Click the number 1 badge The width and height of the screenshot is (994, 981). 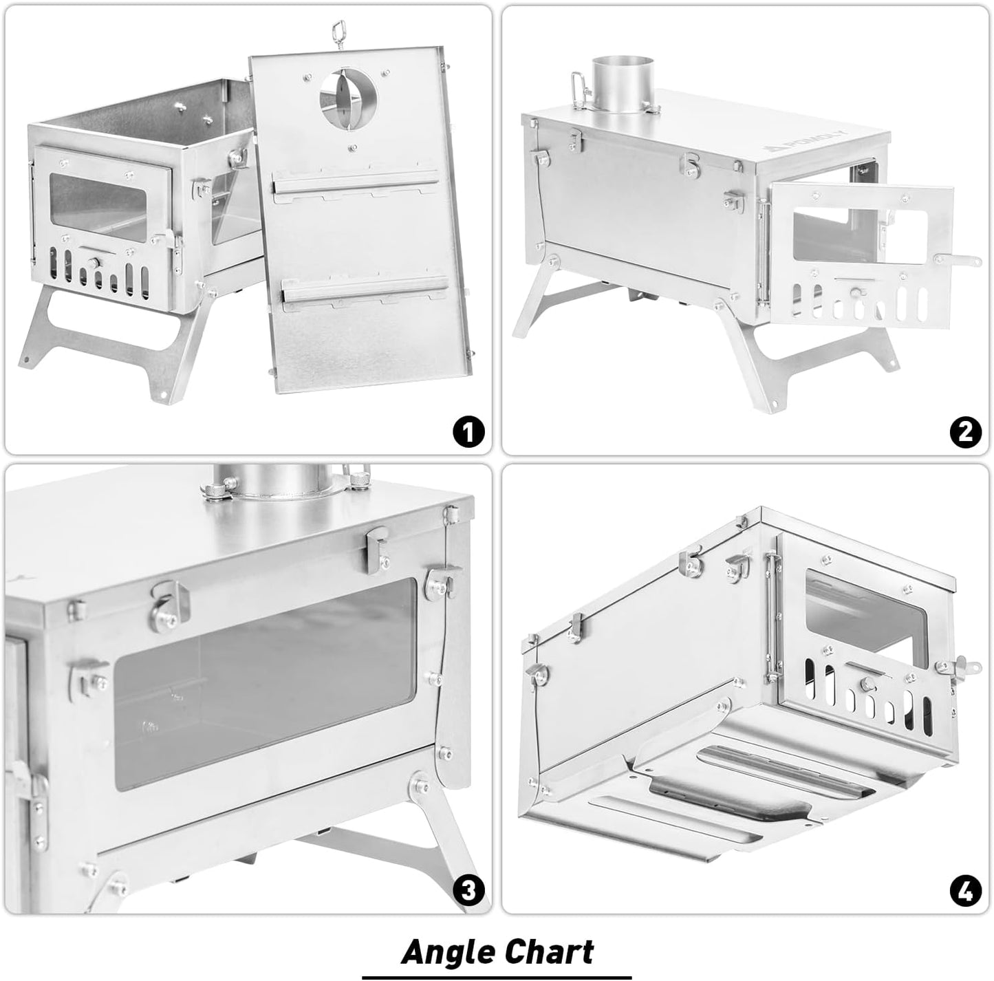[x=468, y=433]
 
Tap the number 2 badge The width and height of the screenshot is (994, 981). [x=966, y=433]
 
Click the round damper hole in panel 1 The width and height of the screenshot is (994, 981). [x=347, y=96]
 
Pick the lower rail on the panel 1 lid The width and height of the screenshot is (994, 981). [x=364, y=292]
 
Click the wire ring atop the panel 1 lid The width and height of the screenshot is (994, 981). [x=339, y=29]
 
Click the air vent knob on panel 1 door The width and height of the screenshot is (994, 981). [x=93, y=263]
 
